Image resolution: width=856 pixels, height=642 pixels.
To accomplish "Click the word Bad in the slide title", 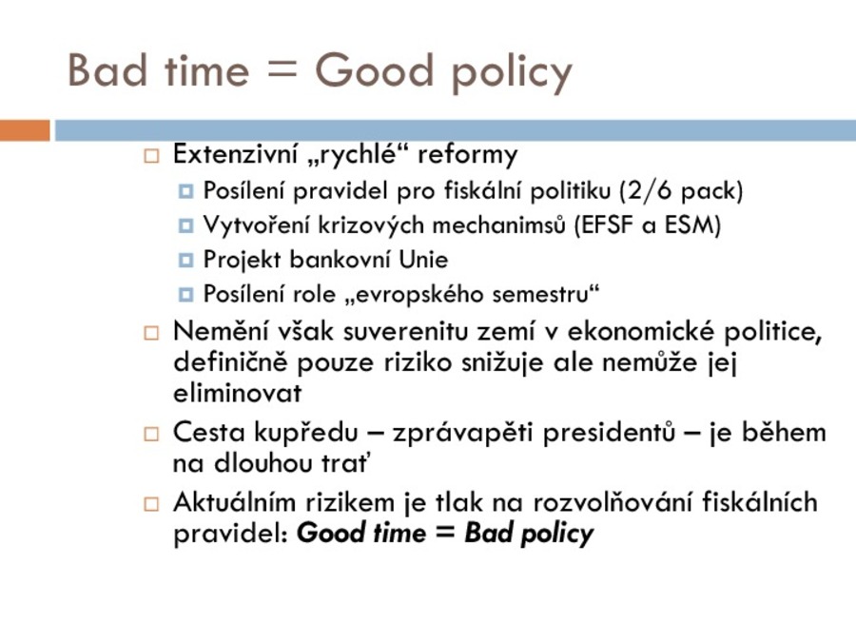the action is point(107,69).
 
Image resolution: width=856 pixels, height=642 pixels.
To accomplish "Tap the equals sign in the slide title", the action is point(282,71).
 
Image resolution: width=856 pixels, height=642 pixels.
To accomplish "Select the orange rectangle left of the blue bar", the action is point(25,130).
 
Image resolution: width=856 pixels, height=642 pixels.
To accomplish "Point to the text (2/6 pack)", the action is point(681,190).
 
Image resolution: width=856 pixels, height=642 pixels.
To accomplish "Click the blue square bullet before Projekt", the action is point(185,261).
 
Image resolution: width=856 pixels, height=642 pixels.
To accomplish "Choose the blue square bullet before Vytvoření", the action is point(185,225).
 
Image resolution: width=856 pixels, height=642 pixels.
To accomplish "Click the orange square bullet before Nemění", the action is point(151,333).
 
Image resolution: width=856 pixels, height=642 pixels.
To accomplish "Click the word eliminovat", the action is point(238,393).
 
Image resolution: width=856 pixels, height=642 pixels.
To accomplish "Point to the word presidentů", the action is point(609,433).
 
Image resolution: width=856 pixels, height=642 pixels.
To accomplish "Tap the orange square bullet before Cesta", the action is point(151,434).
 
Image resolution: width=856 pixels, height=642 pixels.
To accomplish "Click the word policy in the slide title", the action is point(512,73).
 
